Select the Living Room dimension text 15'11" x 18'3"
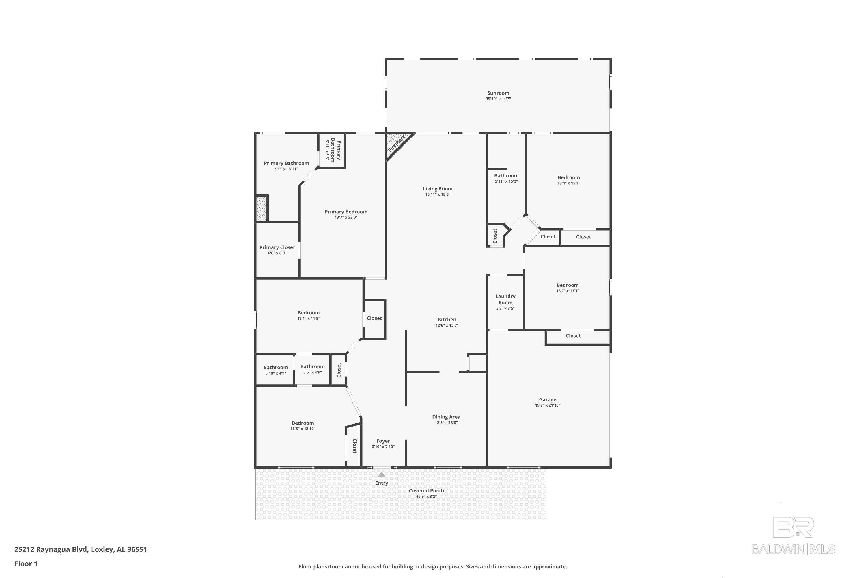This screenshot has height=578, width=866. (437, 194)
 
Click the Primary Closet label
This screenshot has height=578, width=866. (277, 247)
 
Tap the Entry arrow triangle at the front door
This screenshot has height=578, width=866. (381, 475)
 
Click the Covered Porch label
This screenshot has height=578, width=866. (426, 491)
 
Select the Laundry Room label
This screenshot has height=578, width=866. (505, 299)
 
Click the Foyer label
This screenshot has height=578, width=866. (383, 441)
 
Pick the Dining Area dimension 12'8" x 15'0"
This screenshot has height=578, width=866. (446, 423)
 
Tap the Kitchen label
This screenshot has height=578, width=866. (447, 320)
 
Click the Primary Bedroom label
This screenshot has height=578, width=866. (346, 212)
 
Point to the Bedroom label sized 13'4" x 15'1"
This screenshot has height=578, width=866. (568, 177)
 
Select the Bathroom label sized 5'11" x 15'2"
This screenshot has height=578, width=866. (506, 175)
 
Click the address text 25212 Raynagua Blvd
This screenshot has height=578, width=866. (51, 549)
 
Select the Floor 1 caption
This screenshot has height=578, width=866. (26, 564)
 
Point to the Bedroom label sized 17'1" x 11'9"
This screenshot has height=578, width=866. (309, 313)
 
